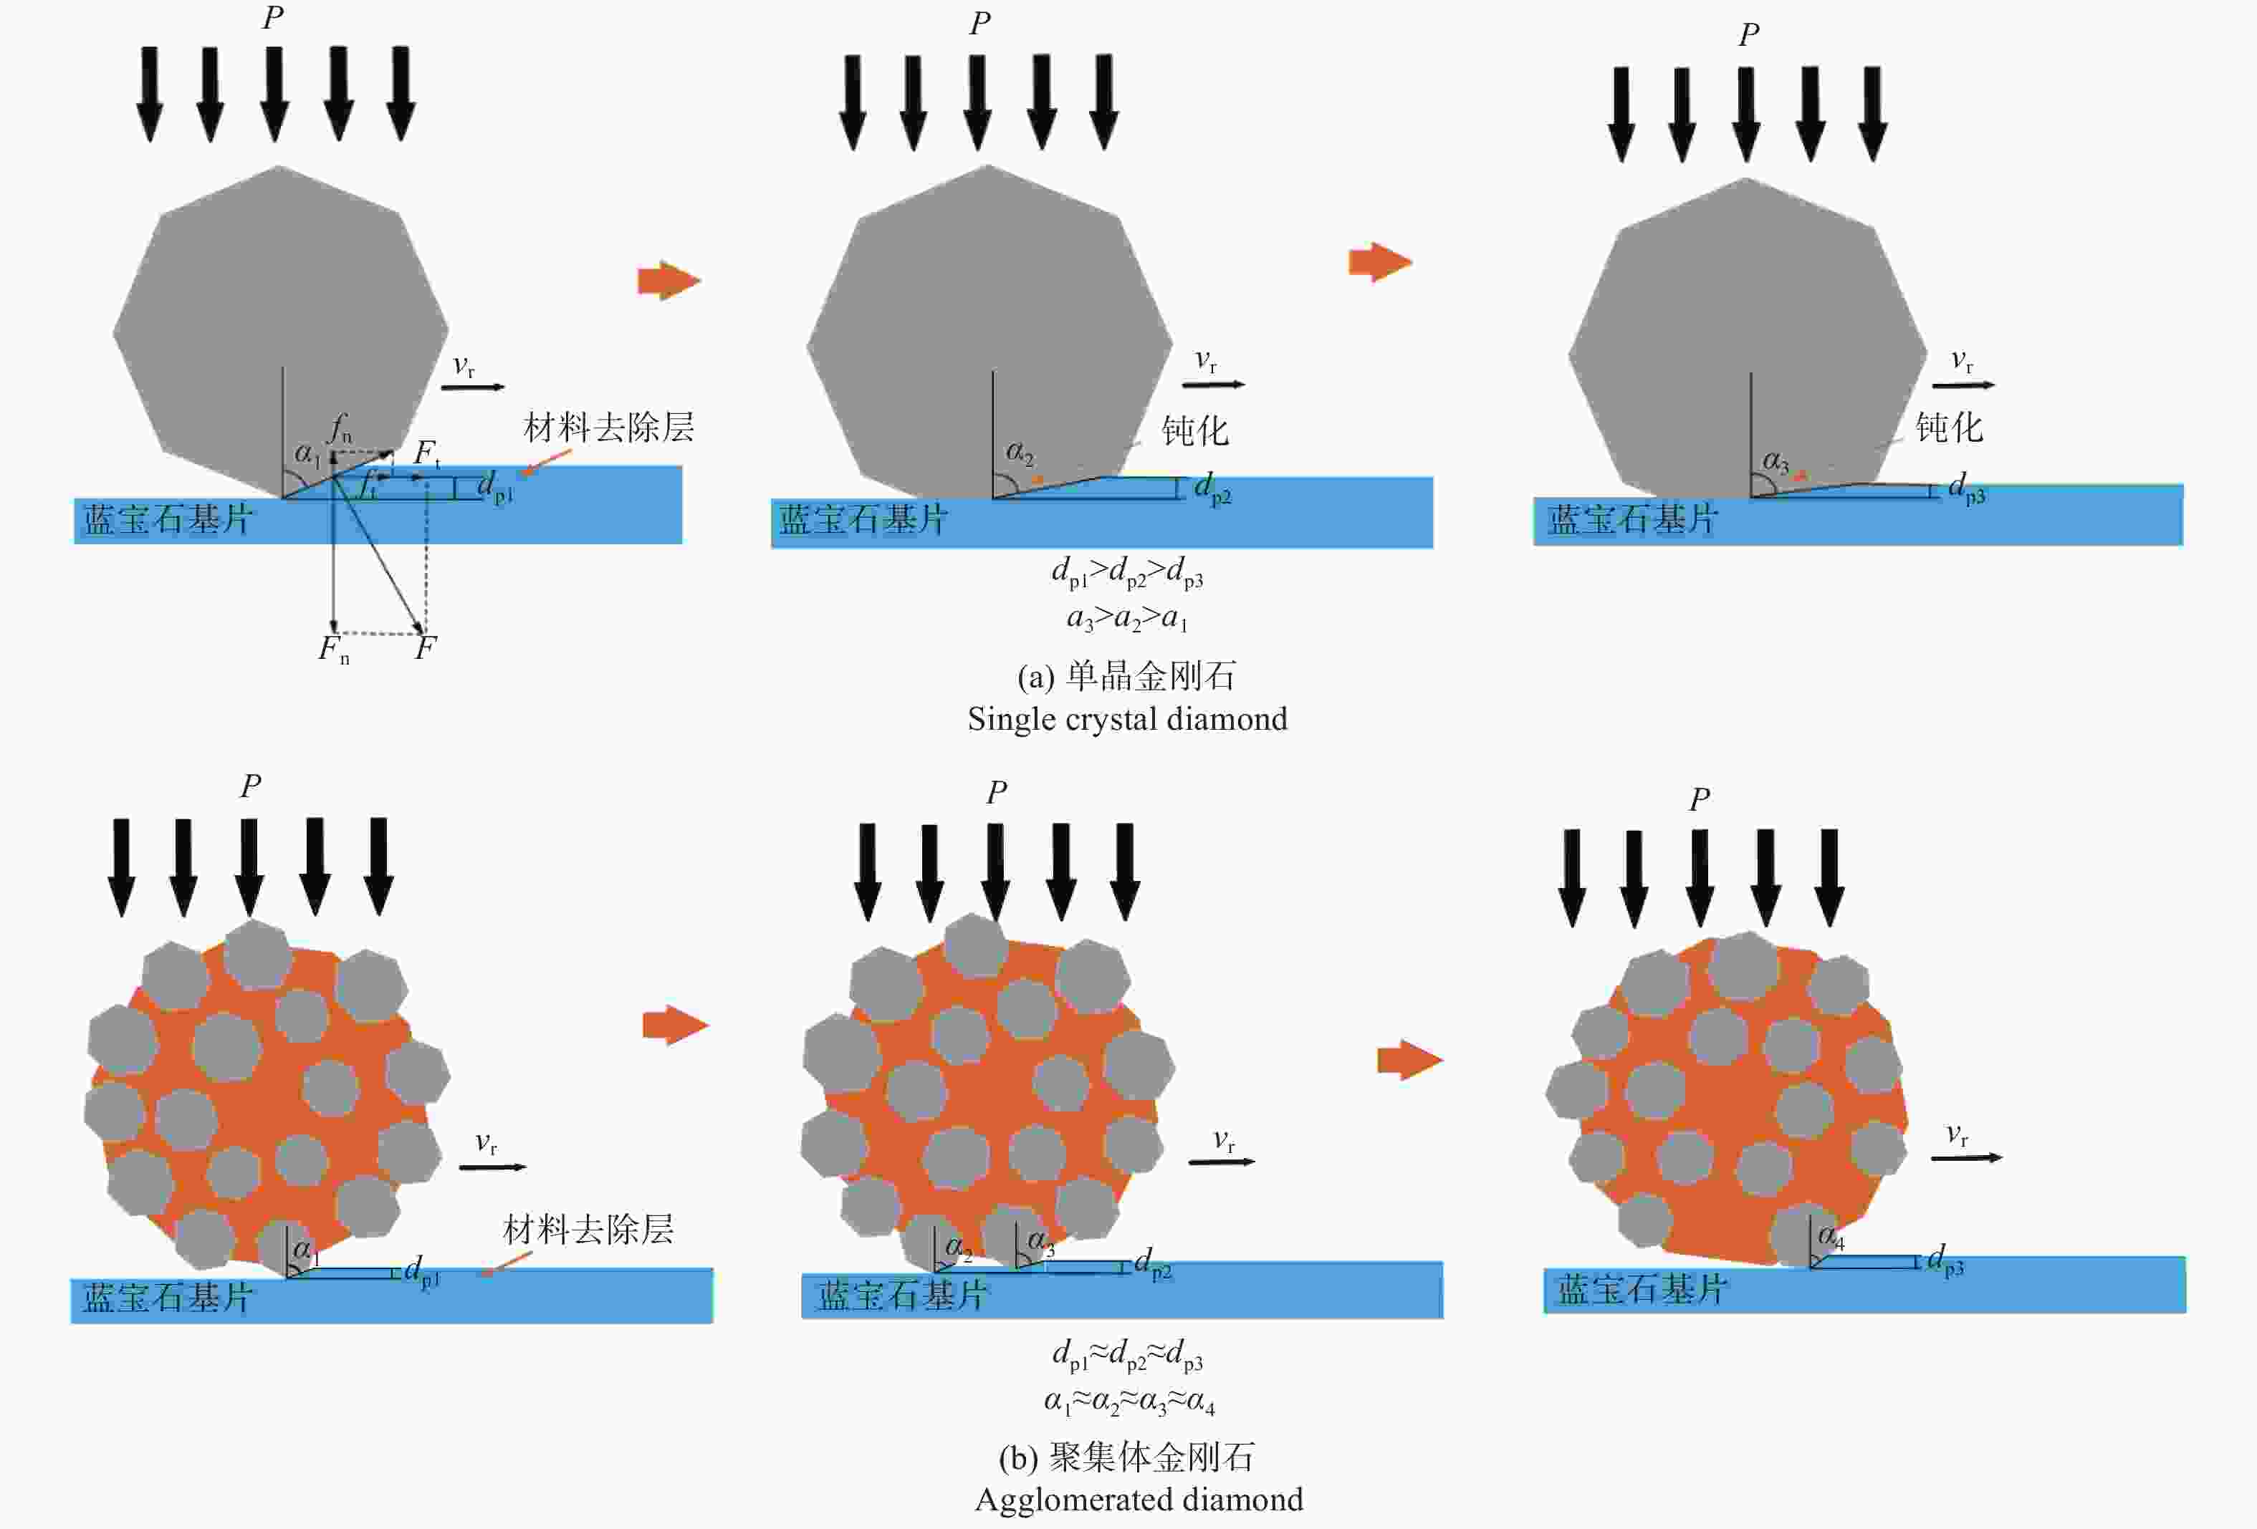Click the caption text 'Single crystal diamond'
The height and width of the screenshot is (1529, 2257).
[x=1128, y=719]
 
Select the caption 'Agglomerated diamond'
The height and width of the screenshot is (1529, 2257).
[x=1139, y=1500]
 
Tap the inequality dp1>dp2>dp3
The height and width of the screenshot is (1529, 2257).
[x=1128, y=573]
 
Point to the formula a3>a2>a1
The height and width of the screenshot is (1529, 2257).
[x=1128, y=617]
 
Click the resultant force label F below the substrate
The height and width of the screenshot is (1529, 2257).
[x=426, y=647]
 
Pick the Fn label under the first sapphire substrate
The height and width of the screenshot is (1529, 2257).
[x=334, y=650]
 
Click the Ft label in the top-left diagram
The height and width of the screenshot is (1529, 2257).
[x=427, y=453]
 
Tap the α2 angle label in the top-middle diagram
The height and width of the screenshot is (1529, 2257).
[x=1020, y=453]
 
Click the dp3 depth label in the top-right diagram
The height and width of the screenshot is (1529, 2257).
[x=1967, y=487]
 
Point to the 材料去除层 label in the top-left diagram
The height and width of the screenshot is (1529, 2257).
[x=609, y=427]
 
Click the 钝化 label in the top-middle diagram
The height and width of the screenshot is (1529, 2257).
[x=1196, y=430]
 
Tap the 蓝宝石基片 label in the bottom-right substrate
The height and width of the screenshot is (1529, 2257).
[x=1642, y=1289]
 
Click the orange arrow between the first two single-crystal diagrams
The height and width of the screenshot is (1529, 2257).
[x=669, y=281]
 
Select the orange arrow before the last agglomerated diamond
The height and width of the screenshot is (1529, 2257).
[x=1410, y=1059]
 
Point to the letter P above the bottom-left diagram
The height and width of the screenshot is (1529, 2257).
[x=251, y=784]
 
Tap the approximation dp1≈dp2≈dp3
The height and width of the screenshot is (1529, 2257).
[x=1128, y=1355]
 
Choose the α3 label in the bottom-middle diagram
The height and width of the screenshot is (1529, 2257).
[x=1041, y=1240]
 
